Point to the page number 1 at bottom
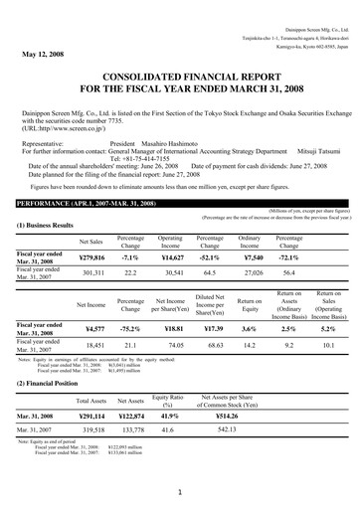(x=180, y=491)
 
